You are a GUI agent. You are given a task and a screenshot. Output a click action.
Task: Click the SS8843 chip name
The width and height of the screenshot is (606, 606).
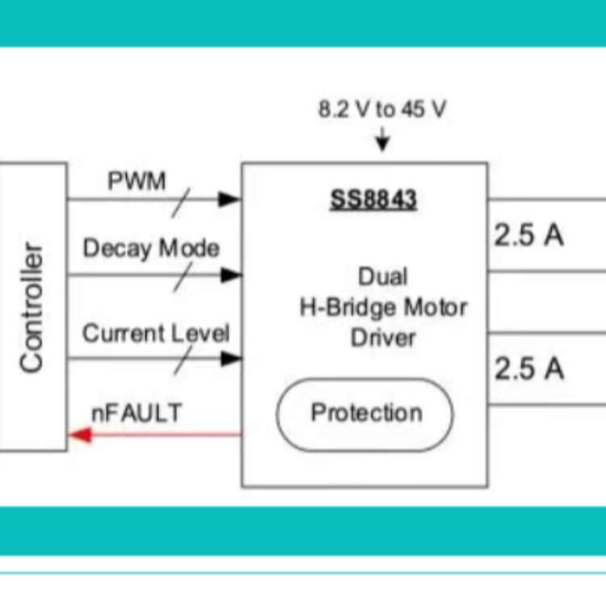372,200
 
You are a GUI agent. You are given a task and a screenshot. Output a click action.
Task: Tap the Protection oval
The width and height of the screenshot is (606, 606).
365,413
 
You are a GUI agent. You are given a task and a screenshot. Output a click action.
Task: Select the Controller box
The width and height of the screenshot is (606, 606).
32,306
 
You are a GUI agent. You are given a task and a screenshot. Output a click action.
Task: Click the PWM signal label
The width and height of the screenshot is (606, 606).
137,181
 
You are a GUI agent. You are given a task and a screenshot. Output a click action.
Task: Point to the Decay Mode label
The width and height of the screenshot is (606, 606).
150,248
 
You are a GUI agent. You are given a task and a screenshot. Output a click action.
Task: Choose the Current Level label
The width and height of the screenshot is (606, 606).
156,333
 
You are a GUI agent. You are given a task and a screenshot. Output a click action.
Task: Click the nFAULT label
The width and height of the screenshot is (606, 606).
136,413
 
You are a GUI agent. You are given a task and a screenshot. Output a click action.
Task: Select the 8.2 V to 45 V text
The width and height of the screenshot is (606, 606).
381,110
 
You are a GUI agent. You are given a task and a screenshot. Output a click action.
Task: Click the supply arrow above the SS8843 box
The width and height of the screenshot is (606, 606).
382,142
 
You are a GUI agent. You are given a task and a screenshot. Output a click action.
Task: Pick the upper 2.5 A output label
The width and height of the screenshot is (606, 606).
528,236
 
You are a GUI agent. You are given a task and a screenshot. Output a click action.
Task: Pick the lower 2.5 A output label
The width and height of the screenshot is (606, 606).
528,369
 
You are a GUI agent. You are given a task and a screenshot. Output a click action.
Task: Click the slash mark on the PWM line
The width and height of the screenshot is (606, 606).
183,199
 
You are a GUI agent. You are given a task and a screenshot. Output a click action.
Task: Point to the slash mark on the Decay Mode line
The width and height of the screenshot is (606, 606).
183,276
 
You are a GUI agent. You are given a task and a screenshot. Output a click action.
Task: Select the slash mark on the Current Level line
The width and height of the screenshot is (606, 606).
183,359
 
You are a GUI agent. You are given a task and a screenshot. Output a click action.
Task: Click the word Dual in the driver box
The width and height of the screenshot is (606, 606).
383,277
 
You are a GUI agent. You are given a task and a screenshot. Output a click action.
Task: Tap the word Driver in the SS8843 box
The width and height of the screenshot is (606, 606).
383,337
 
